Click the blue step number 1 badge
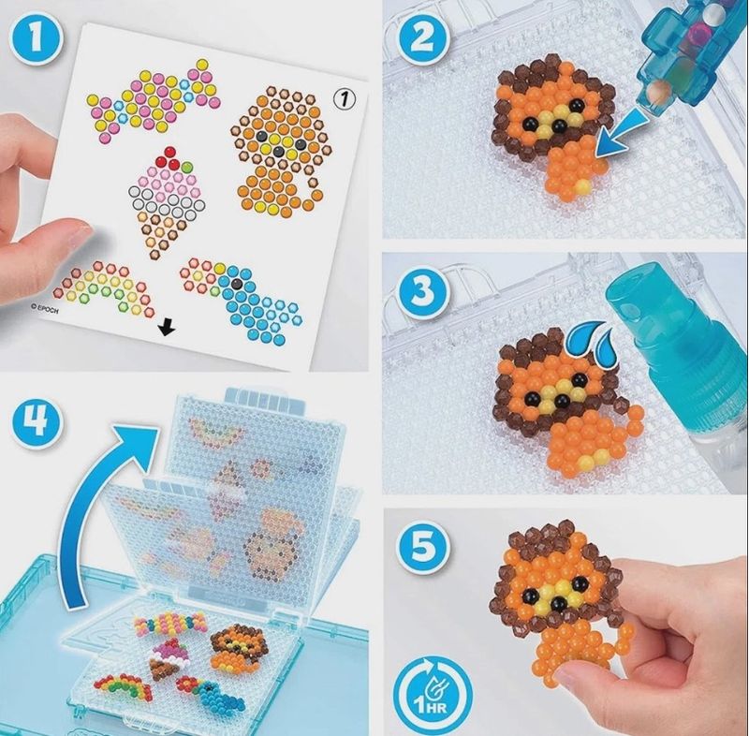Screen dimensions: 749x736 (36, 38)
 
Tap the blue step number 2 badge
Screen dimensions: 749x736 (422, 38)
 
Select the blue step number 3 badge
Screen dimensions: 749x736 (422, 289)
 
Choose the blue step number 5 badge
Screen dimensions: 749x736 (422, 545)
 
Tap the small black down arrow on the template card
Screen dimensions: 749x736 (167, 328)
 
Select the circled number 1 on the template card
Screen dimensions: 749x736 (345, 99)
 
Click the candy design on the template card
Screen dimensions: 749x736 (154, 101)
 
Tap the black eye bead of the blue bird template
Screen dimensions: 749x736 (236, 284)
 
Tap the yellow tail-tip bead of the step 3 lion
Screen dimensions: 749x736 (584, 461)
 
